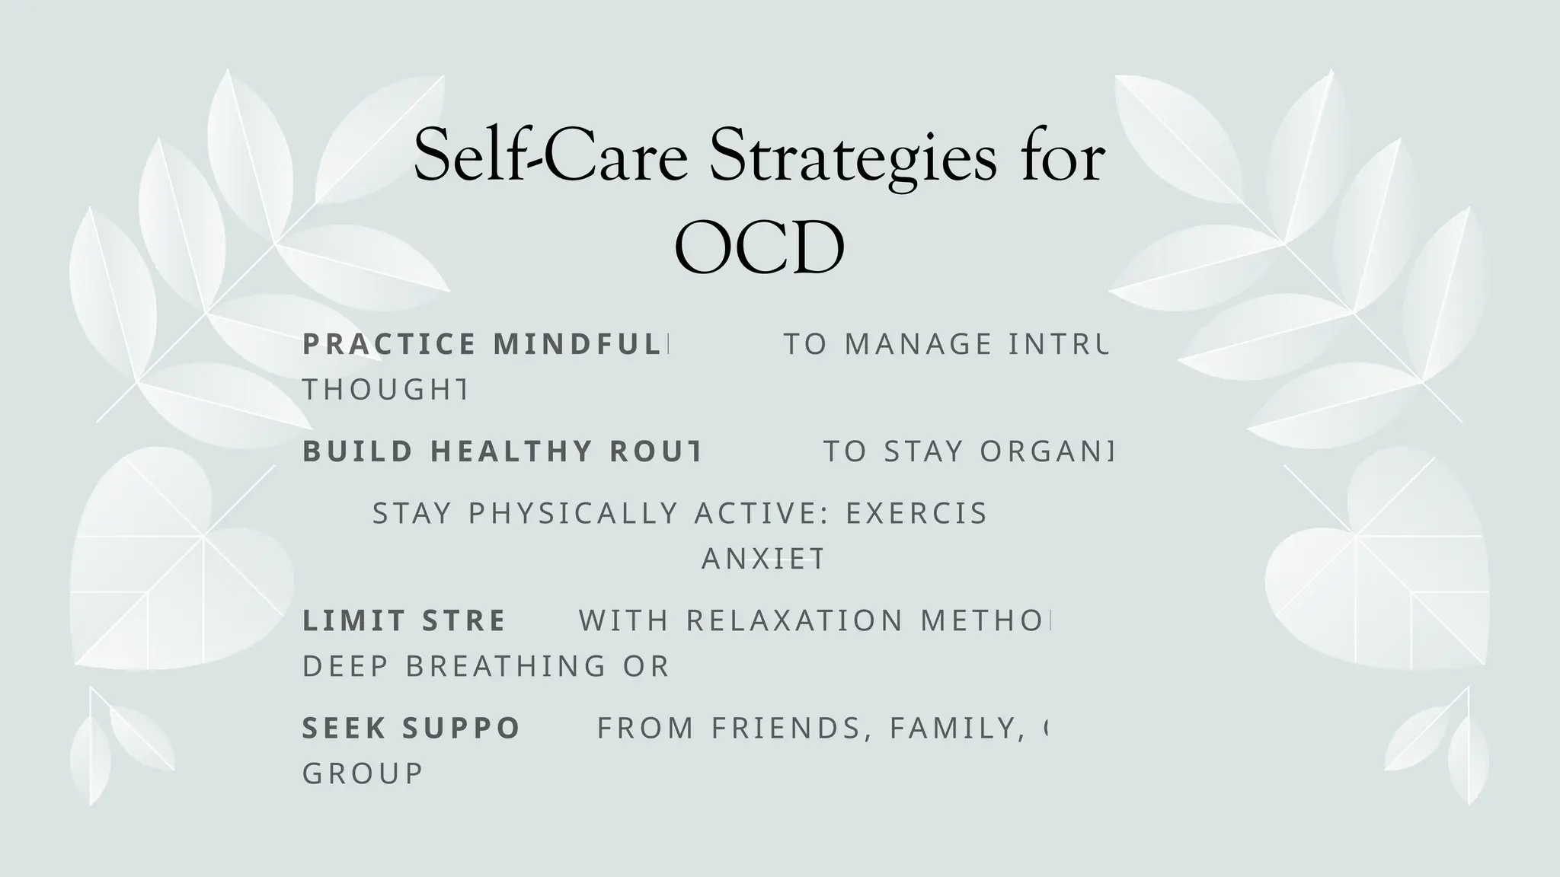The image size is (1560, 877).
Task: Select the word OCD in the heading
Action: pyautogui.click(x=759, y=247)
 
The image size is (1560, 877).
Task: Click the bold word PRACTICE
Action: pyautogui.click(x=389, y=344)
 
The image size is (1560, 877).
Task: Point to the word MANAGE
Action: pyautogui.click(x=919, y=344)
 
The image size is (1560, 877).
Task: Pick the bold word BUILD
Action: pyautogui.click(x=358, y=451)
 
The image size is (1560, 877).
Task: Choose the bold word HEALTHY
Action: pyautogui.click(x=512, y=451)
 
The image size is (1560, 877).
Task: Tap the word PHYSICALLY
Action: pyautogui.click(x=573, y=513)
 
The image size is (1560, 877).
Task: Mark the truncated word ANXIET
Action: pyautogui.click(x=762, y=559)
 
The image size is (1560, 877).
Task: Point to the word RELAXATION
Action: pyautogui.click(x=794, y=620)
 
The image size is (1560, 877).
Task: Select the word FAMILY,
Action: pyautogui.click(x=954, y=728)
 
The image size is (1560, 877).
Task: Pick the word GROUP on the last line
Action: pyautogui.click(x=363, y=773)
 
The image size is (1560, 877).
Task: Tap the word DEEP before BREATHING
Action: pyautogui.click(x=346, y=666)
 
